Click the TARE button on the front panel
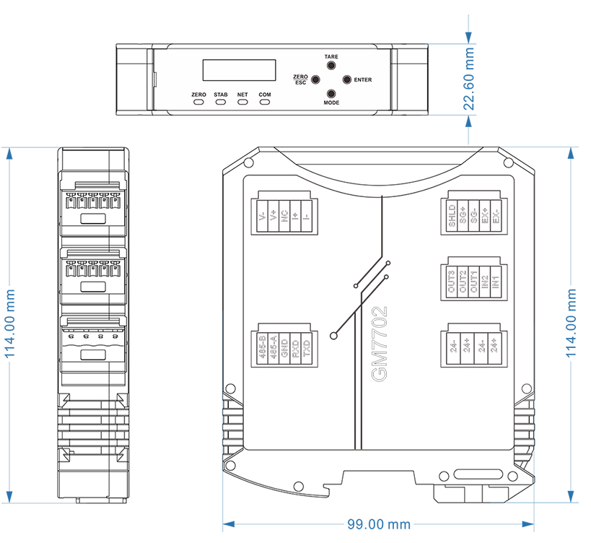click(x=331, y=65)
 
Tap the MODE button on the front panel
click(x=331, y=94)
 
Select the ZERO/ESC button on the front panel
click(x=315, y=79)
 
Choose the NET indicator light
click(x=242, y=103)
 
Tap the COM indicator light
click(x=265, y=103)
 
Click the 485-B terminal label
click(x=263, y=349)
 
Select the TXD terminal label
click(x=307, y=349)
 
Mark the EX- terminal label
click(x=496, y=217)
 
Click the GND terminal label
click(x=285, y=349)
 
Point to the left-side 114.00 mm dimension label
click(x=10, y=323)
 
